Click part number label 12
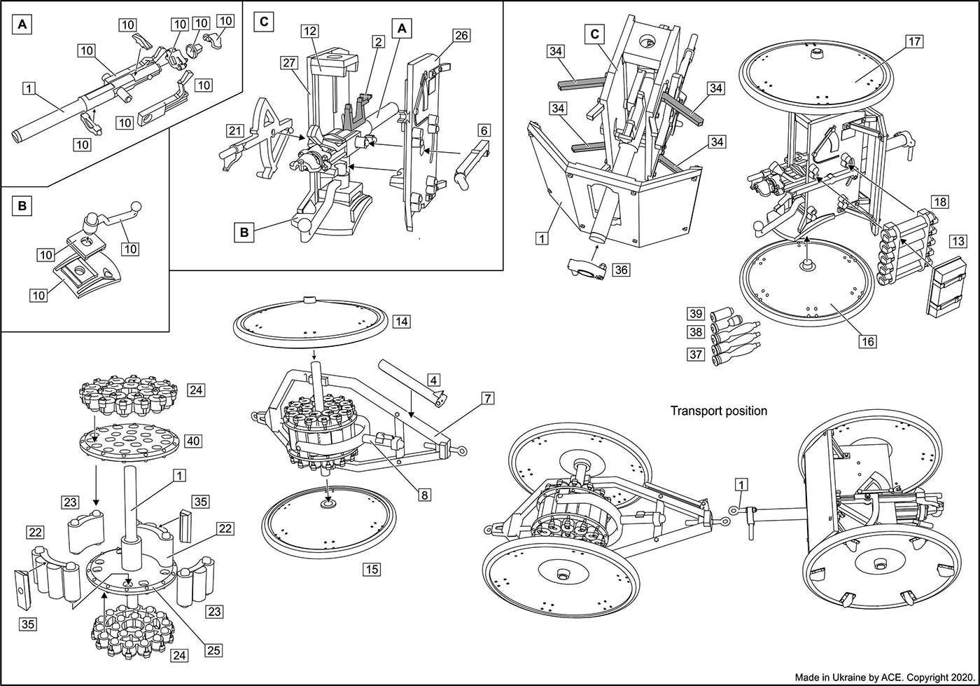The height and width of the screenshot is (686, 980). (x=310, y=32)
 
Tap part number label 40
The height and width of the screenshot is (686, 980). (x=193, y=441)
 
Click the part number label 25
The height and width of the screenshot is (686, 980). (x=213, y=650)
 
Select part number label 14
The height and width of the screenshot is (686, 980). (x=401, y=322)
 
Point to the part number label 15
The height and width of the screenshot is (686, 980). (x=372, y=569)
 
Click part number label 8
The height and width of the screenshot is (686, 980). (x=425, y=494)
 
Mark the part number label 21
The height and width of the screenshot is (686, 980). (x=234, y=131)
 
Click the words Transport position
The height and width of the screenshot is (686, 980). (x=718, y=411)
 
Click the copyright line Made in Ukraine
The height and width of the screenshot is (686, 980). (x=884, y=678)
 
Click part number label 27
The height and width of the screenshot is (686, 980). (x=289, y=62)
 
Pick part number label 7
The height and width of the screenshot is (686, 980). (x=487, y=399)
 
